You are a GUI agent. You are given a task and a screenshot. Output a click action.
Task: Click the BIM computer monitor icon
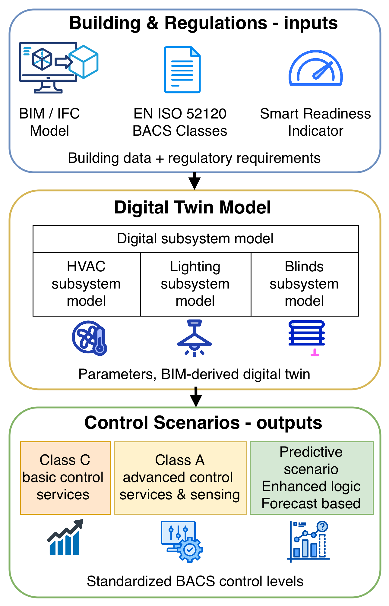tap(48, 67)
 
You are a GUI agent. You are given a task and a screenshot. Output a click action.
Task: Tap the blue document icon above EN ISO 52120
tap(182, 70)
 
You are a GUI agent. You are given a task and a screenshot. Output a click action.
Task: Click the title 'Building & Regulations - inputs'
tap(203, 23)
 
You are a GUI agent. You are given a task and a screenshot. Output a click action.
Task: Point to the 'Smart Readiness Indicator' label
tap(315, 122)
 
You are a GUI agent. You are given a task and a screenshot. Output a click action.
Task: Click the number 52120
tap(206, 114)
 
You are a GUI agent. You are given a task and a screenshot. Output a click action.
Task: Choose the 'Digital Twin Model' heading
tap(192, 207)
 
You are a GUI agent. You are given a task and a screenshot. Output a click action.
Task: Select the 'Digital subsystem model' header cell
tap(195, 239)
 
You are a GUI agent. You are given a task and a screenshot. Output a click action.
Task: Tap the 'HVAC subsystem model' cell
tap(87, 284)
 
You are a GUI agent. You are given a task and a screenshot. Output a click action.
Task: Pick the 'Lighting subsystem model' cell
tap(195, 284)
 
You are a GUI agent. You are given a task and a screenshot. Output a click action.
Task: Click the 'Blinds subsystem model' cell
tap(305, 284)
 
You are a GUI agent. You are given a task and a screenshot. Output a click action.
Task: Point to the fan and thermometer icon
tap(90, 338)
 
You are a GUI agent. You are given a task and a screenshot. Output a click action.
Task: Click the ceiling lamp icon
tap(194, 338)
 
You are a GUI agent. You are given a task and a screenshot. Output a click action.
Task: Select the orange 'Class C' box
tap(65, 478)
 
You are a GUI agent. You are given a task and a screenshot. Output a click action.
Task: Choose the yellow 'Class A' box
tap(180, 478)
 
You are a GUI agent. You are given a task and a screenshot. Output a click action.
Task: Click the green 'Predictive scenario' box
tap(312, 478)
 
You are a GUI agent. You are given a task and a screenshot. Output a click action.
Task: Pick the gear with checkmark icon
tap(190, 549)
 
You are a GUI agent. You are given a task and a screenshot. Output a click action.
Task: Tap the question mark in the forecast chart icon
tap(322, 527)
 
